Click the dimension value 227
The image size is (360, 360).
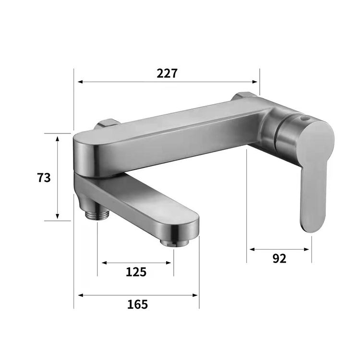[x=167, y=73]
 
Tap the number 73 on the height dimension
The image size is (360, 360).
[x=44, y=178]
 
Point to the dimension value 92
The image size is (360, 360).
[x=279, y=259]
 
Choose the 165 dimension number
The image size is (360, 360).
[x=138, y=304]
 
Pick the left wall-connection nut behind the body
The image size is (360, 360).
[x=108, y=124]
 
